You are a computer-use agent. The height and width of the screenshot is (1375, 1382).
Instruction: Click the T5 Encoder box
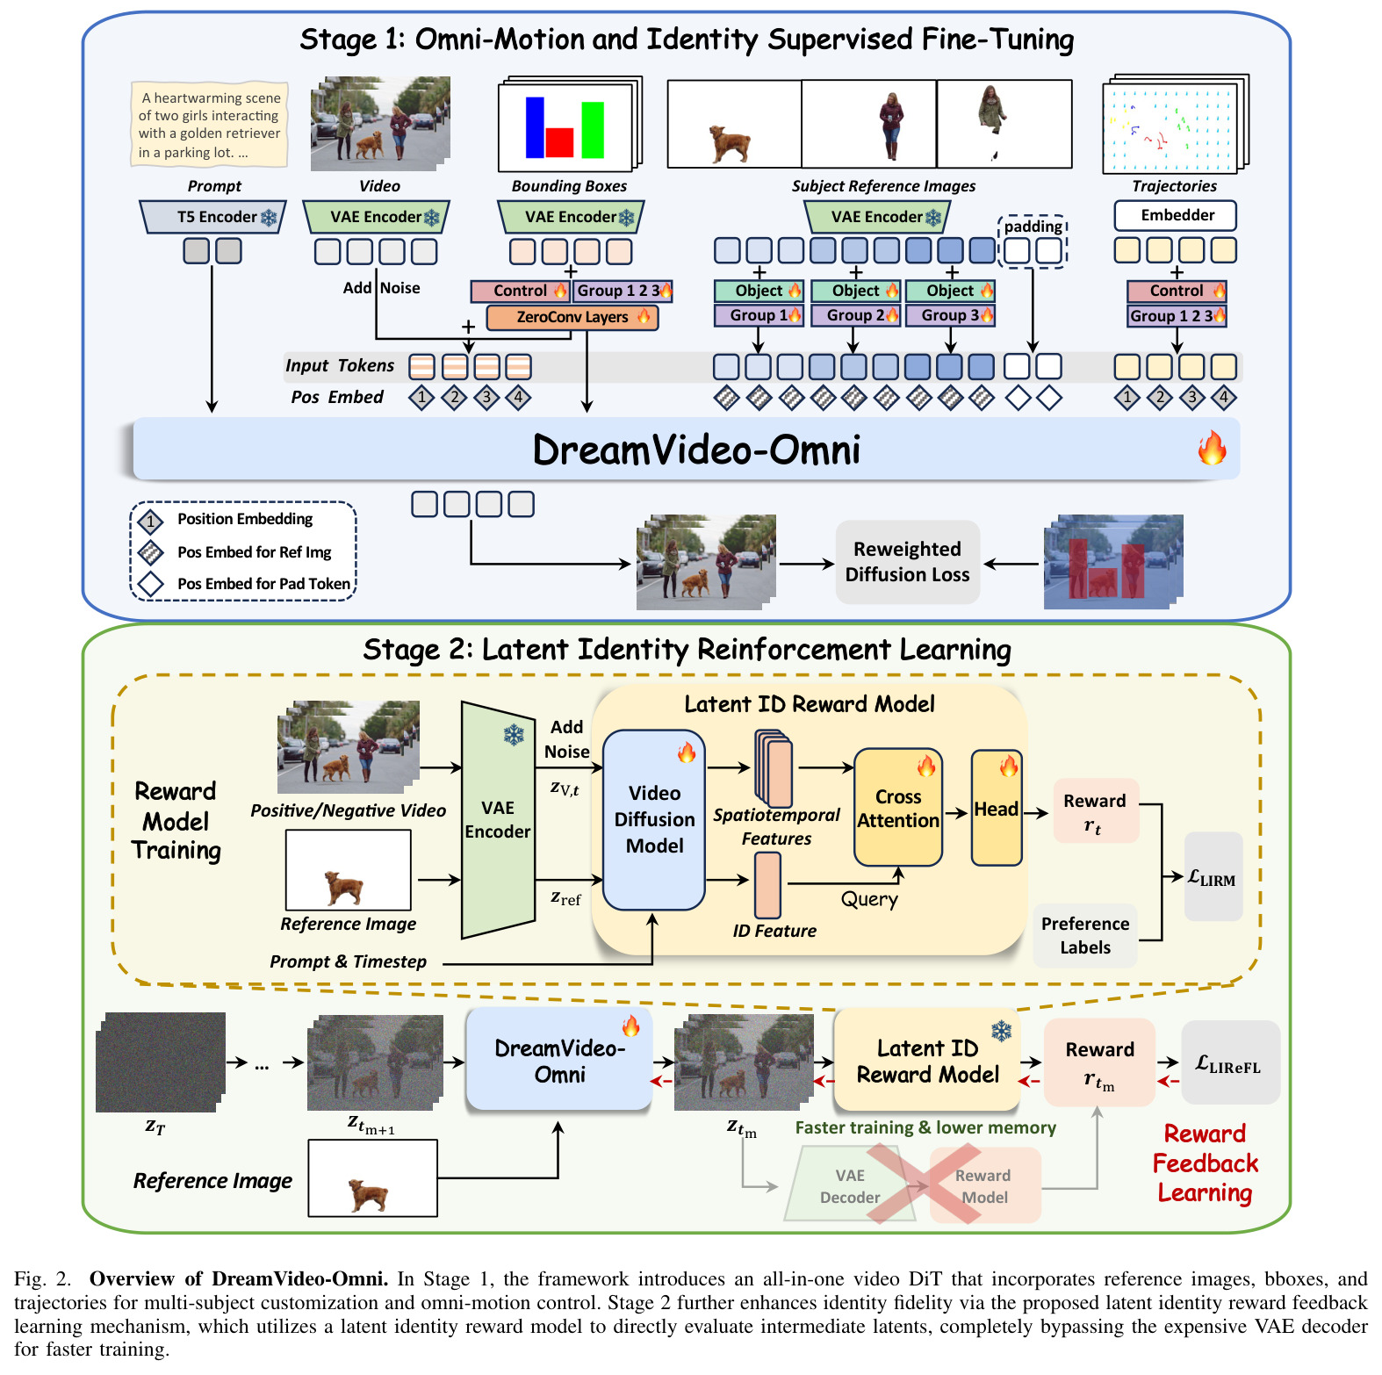click(x=213, y=217)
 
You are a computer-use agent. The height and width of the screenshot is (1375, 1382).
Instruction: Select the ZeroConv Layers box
click(x=572, y=317)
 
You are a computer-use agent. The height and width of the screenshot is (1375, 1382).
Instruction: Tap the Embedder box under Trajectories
click(x=1176, y=215)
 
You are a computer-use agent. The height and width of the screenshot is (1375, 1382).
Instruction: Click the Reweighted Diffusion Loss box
click(x=907, y=562)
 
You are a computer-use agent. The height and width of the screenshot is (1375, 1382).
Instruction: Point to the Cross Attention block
click(x=898, y=808)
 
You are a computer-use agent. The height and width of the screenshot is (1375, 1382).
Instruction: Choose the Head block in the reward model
click(x=997, y=808)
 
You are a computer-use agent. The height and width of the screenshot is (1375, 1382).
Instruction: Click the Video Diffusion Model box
click(x=654, y=819)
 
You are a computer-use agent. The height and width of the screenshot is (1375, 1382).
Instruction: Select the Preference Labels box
click(x=1085, y=935)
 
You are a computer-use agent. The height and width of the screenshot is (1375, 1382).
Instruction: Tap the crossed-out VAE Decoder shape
click(x=849, y=1185)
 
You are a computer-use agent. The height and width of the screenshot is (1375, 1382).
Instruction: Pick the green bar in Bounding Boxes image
click(x=593, y=130)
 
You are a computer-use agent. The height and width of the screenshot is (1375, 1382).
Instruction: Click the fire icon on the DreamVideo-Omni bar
click(x=1212, y=448)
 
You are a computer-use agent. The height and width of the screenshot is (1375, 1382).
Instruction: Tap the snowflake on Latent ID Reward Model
click(x=1001, y=1031)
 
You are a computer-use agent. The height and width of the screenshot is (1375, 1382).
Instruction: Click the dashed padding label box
click(x=1033, y=226)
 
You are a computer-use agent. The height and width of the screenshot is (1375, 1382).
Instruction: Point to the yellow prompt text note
click(x=209, y=125)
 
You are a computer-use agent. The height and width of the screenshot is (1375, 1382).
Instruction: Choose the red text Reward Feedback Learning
click(x=1205, y=1163)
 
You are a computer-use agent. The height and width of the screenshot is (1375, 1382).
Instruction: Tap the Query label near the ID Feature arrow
click(x=869, y=899)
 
